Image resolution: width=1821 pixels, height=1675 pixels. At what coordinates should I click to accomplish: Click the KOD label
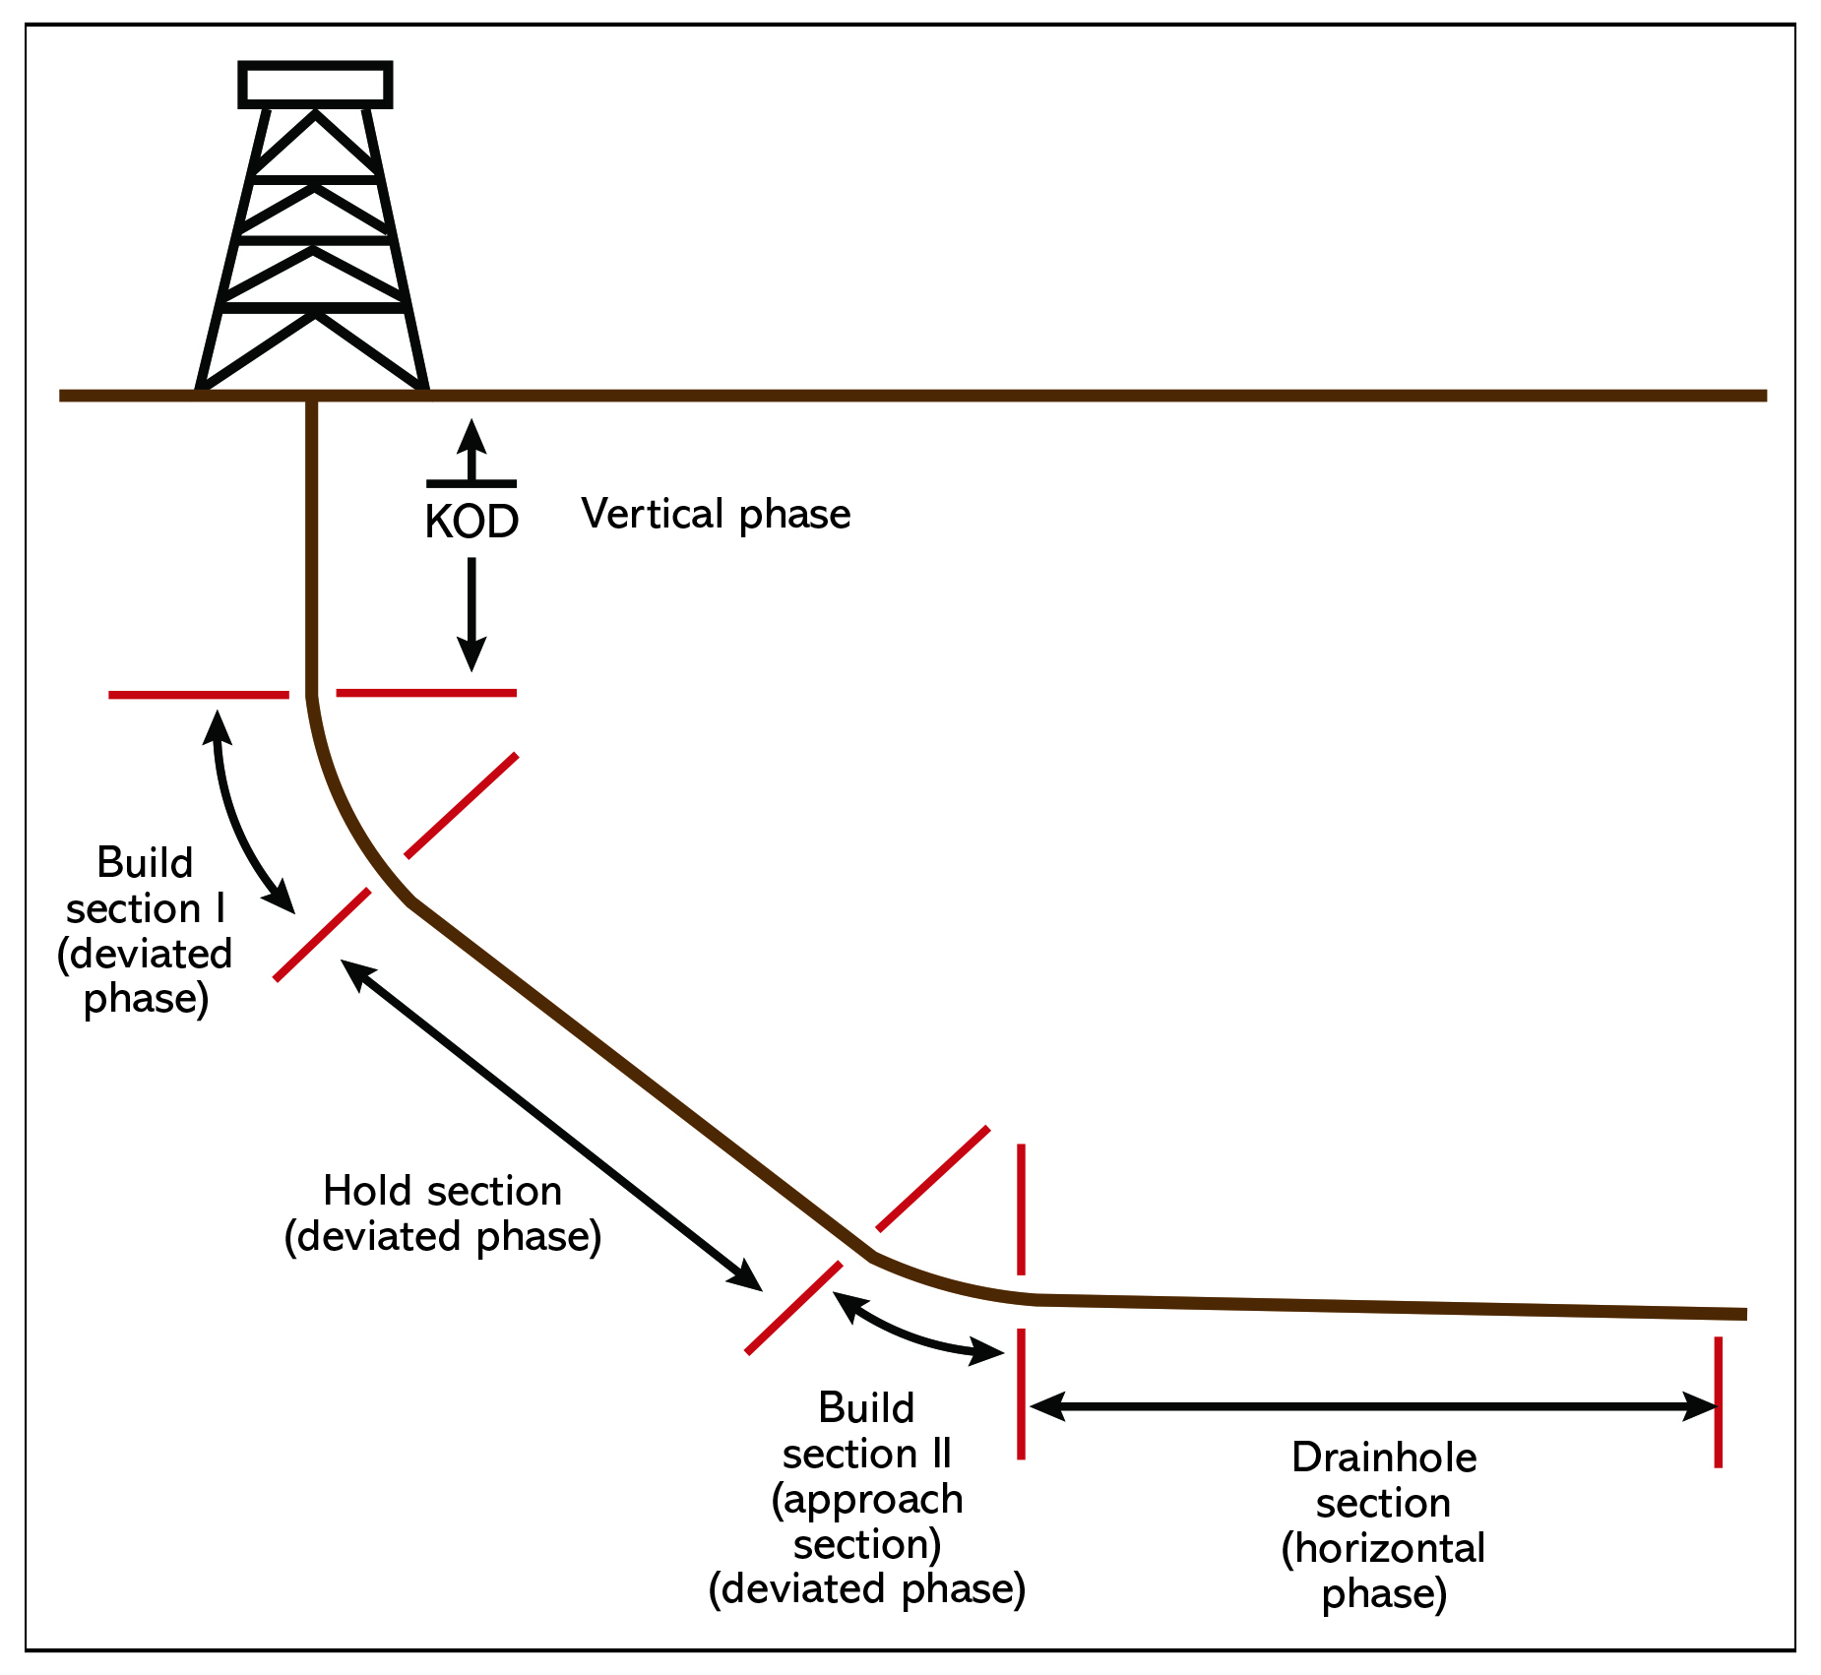(x=471, y=522)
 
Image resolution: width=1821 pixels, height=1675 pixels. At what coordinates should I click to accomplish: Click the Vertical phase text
(x=716, y=514)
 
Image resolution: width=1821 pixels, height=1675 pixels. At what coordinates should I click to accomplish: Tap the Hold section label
(x=442, y=1213)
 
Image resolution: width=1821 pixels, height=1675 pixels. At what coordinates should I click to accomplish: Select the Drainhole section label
(x=1383, y=1524)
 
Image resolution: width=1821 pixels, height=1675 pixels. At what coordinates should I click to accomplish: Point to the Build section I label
(x=146, y=930)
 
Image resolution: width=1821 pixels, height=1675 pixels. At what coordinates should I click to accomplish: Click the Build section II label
(x=866, y=1497)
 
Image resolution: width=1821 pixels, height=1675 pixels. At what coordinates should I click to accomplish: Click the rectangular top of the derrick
(x=315, y=85)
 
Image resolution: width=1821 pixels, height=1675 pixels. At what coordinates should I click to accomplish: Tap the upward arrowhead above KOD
(x=471, y=436)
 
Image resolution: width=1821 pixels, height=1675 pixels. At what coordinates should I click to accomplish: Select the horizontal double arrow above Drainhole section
(x=1373, y=1405)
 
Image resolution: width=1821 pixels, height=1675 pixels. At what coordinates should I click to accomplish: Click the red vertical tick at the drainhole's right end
(x=1718, y=1401)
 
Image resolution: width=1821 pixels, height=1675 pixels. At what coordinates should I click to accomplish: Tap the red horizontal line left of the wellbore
(x=198, y=695)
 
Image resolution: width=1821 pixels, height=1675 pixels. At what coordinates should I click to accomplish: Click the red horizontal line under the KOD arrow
(x=426, y=693)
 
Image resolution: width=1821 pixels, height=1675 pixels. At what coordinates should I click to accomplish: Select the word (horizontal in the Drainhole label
(x=1383, y=1548)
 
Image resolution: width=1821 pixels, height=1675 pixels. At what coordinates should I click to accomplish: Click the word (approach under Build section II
(x=866, y=1499)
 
